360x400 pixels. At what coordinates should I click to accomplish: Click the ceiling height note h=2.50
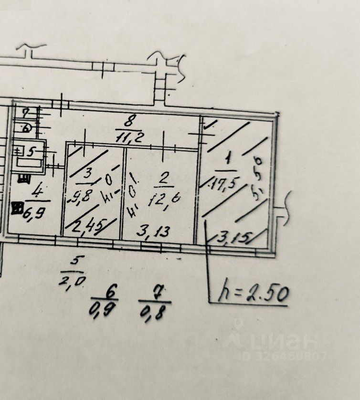(x=253, y=293)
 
